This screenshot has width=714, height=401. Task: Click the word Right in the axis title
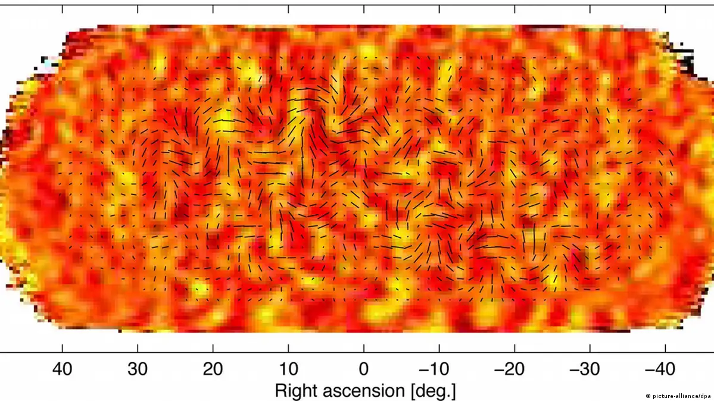297,391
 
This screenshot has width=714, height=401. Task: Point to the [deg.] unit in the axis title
432,391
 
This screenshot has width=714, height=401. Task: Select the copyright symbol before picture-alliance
648,396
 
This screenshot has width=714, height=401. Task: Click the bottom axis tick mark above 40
63,348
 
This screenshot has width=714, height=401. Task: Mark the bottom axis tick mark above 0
364,348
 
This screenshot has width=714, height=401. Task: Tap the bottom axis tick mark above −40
665,348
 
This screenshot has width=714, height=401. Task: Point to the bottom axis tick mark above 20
213,348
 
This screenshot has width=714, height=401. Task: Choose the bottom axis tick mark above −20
515,348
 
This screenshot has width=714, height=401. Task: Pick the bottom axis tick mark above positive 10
288,348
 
